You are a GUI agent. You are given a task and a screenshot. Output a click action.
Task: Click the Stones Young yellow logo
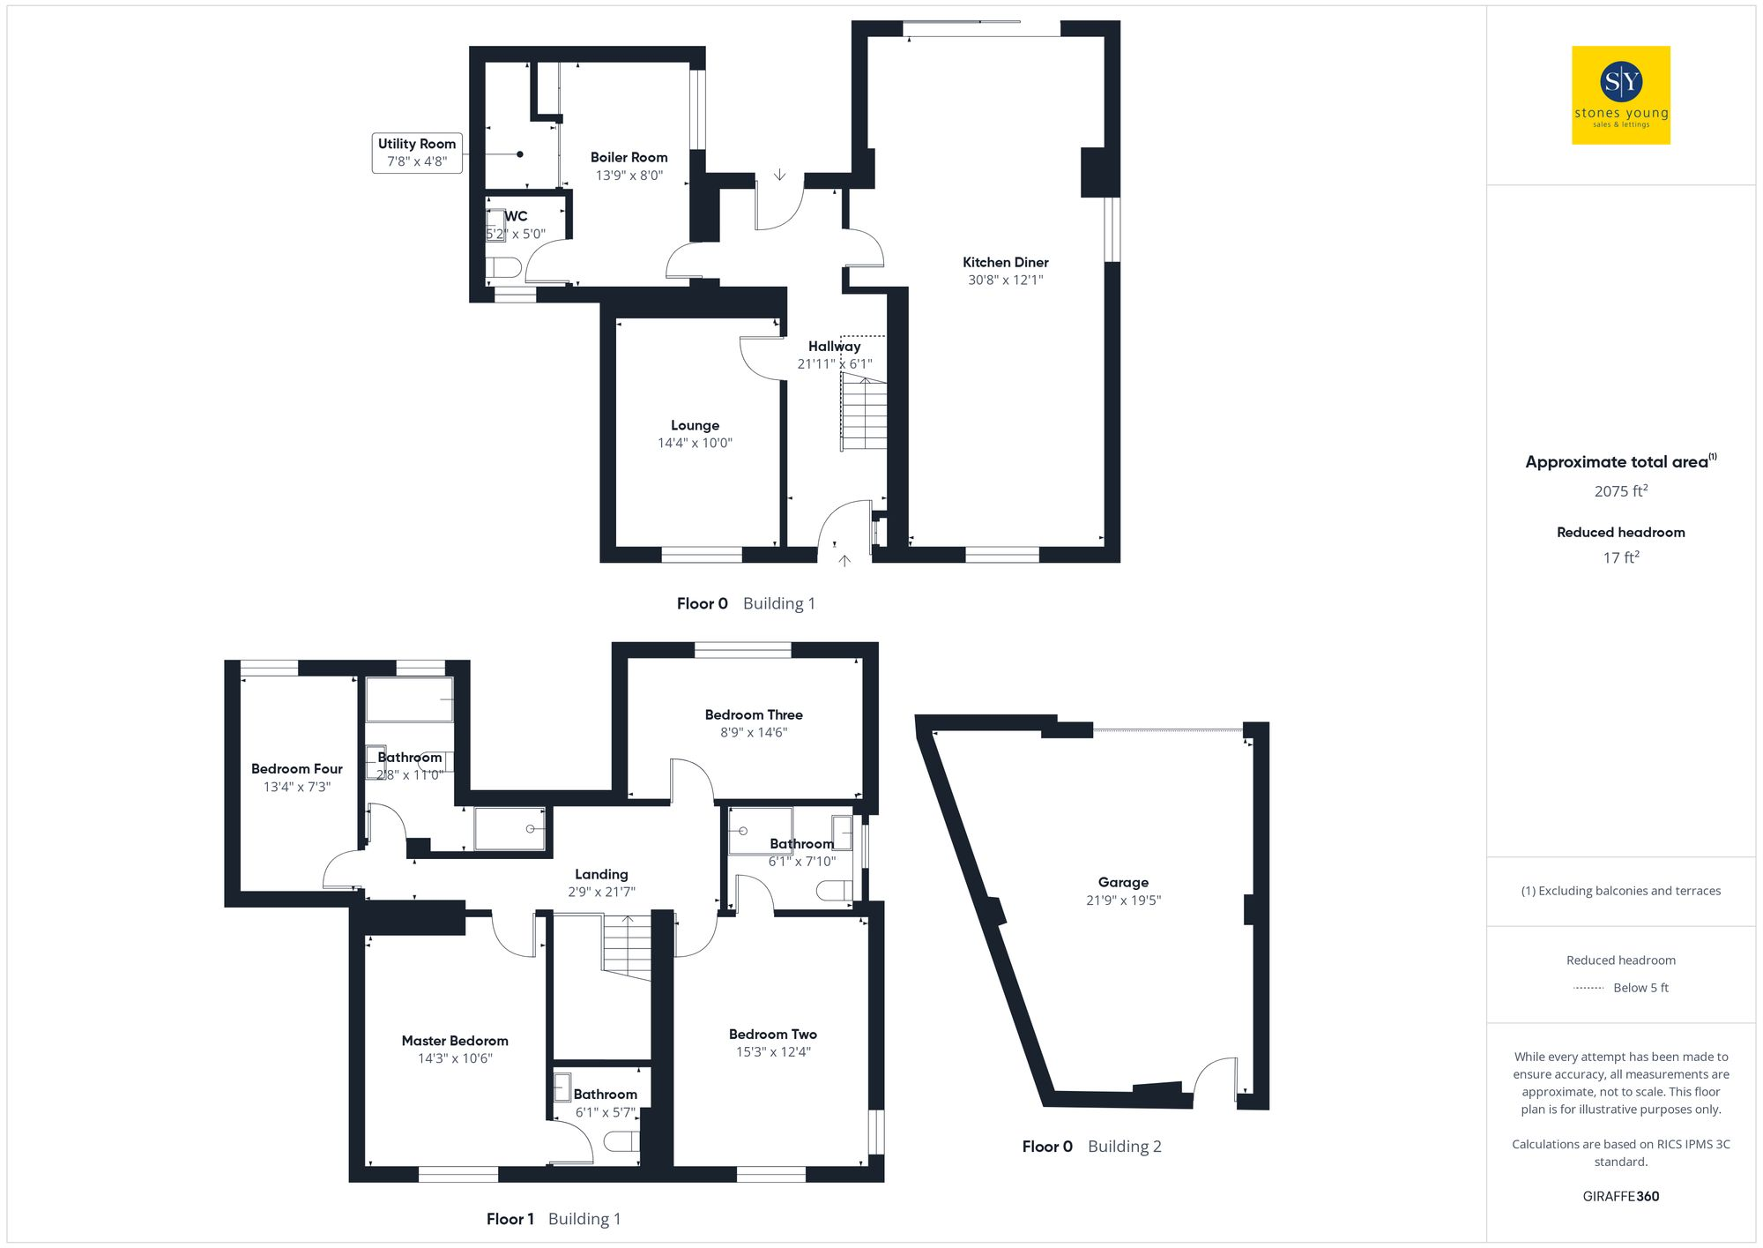point(1620,95)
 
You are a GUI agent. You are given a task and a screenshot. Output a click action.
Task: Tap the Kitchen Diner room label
point(1005,262)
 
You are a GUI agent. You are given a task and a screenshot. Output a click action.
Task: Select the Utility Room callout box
point(417,153)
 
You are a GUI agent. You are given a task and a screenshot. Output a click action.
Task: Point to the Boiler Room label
point(629,157)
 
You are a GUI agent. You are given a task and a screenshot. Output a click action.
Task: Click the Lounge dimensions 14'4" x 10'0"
point(695,443)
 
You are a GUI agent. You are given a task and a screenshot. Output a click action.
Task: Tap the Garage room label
point(1123,882)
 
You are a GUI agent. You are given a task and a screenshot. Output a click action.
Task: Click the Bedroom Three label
point(754,714)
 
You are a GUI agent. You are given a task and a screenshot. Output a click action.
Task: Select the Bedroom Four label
point(296,769)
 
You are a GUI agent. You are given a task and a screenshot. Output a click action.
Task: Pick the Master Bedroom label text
point(455,1041)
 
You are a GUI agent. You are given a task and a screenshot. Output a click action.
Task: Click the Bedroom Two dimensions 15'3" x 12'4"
point(773,1051)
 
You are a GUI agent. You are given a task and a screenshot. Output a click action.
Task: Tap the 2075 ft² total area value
point(1620,491)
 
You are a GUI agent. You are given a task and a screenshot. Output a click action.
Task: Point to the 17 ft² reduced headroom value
point(1620,557)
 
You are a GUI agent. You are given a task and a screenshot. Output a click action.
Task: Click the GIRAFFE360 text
point(1620,1196)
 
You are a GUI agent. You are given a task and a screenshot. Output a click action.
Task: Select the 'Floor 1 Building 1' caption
point(554,1219)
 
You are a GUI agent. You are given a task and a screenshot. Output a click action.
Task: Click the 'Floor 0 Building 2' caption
point(1091,1147)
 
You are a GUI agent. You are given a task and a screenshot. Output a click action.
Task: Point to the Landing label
point(601,874)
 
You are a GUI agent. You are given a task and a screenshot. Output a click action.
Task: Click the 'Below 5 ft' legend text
point(1640,988)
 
